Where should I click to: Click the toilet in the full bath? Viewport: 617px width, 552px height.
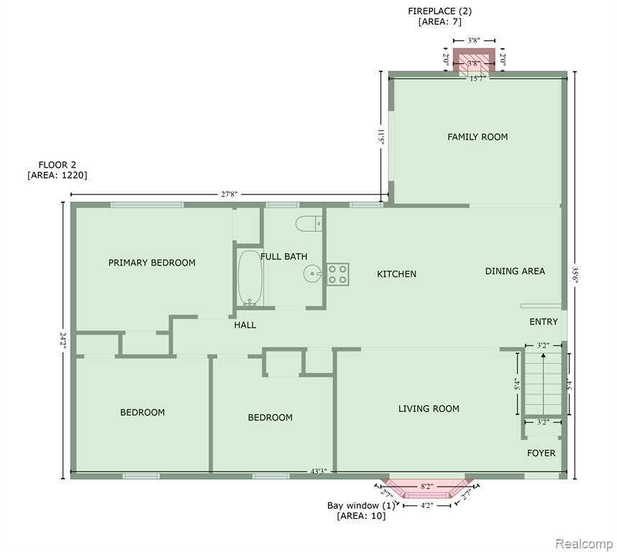click(x=309, y=224)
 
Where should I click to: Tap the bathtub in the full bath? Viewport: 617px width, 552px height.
click(x=250, y=278)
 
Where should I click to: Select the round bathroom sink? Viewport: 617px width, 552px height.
click(x=313, y=273)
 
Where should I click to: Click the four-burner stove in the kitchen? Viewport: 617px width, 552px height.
click(x=337, y=274)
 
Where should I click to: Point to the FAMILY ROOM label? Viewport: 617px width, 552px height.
click(x=477, y=137)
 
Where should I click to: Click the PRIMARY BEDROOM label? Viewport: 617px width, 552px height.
click(x=152, y=263)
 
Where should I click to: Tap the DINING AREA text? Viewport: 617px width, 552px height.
click(x=515, y=271)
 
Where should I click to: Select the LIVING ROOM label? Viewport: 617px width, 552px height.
click(x=429, y=409)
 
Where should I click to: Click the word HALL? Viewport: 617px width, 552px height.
click(x=245, y=325)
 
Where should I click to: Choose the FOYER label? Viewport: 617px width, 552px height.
click(x=541, y=453)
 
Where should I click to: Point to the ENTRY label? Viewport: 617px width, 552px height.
click(x=544, y=322)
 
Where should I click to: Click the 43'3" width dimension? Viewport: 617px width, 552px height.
click(x=319, y=471)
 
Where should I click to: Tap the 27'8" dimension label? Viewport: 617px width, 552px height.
click(x=229, y=194)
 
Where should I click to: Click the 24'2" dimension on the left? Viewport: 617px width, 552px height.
click(x=63, y=340)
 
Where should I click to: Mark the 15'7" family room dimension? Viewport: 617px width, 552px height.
click(x=477, y=78)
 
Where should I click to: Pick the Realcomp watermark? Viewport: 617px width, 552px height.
click(x=585, y=544)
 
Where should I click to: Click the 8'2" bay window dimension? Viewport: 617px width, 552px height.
click(x=427, y=487)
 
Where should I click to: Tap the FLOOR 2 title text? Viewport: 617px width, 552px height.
click(x=57, y=165)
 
